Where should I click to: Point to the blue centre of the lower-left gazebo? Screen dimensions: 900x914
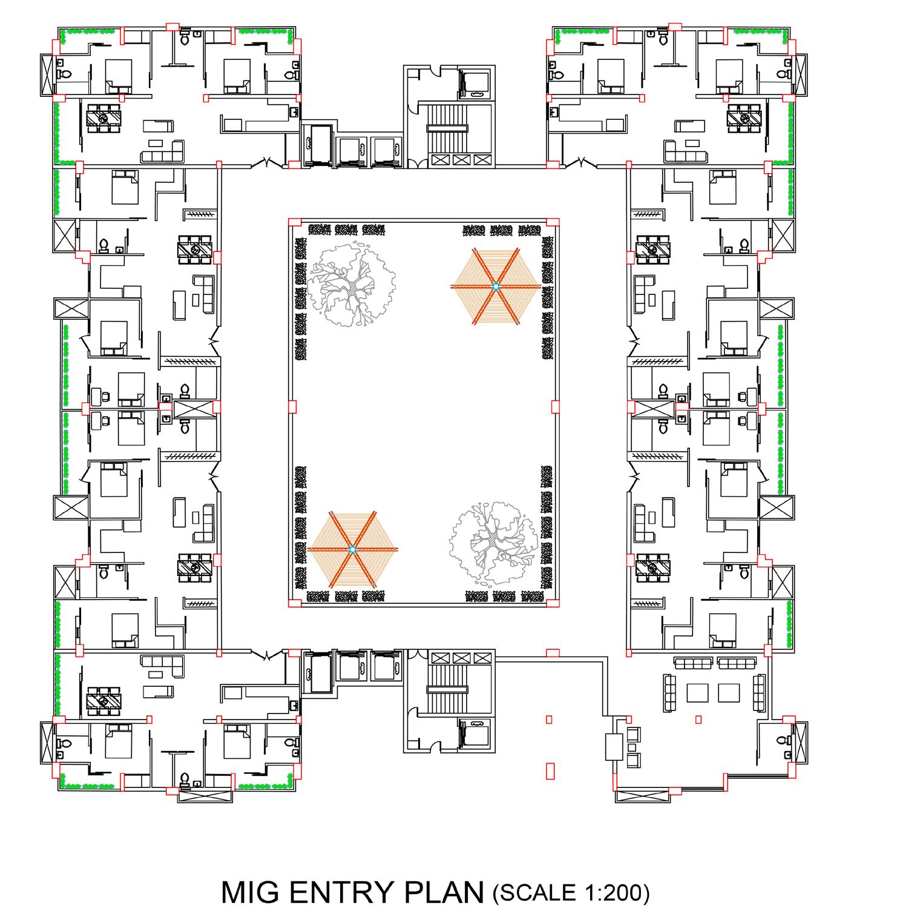click(x=353, y=549)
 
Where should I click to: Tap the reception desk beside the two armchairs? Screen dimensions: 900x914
click(x=614, y=747)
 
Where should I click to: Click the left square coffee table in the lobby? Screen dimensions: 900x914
click(x=698, y=692)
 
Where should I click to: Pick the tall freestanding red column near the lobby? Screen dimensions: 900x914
click(x=550, y=770)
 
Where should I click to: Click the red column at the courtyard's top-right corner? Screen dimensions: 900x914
click(x=551, y=222)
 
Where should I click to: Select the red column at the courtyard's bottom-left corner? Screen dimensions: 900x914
click(x=294, y=603)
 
